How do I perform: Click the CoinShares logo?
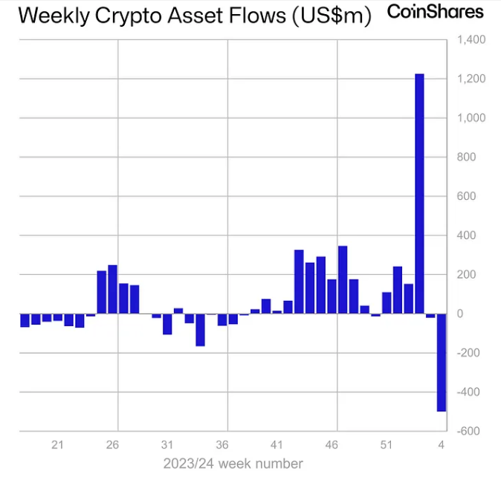pyautogui.click(x=435, y=12)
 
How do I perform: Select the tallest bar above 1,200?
pyautogui.click(x=419, y=193)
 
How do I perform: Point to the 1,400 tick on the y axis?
pyautogui.click(x=471, y=39)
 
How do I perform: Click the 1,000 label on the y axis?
pyautogui.click(x=471, y=118)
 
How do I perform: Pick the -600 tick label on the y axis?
pyautogui.click(x=470, y=431)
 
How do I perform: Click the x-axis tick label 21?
pyautogui.click(x=57, y=445)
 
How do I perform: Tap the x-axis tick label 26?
pyautogui.click(x=112, y=445)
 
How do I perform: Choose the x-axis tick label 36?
pyautogui.click(x=222, y=445)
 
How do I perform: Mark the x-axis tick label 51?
pyautogui.click(x=387, y=445)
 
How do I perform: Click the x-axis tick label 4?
pyautogui.click(x=442, y=445)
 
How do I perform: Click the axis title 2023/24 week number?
pyautogui.click(x=233, y=464)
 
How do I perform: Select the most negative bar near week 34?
pyautogui.click(x=200, y=330)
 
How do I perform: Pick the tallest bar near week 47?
pyautogui.click(x=343, y=279)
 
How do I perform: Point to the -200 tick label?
pyautogui.click(x=470, y=353)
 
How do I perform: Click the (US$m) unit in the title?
pyautogui.click(x=331, y=16)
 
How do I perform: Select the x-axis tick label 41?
pyautogui.click(x=277, y=445)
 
